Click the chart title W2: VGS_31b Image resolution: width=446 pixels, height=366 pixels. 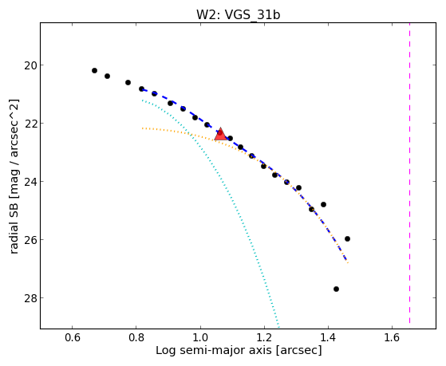pyautogui.click(x=239, y=14)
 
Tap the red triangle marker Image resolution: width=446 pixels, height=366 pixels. pyautogui.click(x=220, y=135)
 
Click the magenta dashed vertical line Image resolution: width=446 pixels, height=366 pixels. pyautogui.click(x=409, y=173)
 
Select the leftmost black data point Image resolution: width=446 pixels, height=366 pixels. pyautogui.click(x=94, y=70)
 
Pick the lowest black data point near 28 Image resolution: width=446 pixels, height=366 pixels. pyautogui.click(x=336, y=289)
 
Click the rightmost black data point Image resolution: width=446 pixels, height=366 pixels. pyautogui.click(x=347, y=238)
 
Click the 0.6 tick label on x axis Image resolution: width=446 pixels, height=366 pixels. pyautogui.click(x=73, y=337)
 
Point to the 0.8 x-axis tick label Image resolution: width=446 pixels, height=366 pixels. pyautogui.click(x=136, y=337)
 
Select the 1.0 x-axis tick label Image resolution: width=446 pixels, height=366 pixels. pyautogui.click(x=200, y=337)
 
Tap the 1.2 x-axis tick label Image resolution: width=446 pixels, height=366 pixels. pyautogui.click(x=264, y=337)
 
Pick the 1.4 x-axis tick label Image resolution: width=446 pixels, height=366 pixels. pyautogui.click(x=328, y=337)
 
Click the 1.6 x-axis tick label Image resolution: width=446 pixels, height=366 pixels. pyautogui.click(x=393, y=337)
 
